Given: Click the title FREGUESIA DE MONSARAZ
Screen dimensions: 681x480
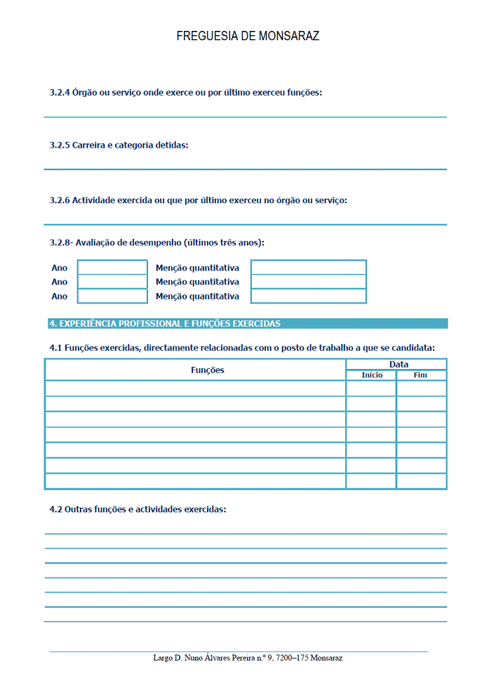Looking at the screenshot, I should point(248,36).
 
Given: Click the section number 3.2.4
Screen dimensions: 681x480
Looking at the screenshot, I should point(60,93).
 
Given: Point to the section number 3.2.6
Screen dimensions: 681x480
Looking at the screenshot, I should point(60,200).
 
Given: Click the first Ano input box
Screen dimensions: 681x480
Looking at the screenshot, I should point(112,268).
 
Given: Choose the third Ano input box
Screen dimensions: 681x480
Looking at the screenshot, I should point(112,296).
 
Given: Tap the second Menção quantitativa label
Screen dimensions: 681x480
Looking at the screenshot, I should point(197,282).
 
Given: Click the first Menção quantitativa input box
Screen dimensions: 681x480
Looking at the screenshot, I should point(308,268).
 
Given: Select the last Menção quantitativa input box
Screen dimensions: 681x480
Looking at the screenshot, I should point(308,296).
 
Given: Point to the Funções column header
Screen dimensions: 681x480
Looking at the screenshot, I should point(208,370).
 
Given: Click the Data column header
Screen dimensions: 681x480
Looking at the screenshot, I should point(399,364).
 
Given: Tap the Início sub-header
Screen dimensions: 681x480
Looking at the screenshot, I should point(372,375).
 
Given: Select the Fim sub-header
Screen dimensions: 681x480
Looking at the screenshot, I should point(420,375).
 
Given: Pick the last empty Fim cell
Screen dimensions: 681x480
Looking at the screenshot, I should point(421,481).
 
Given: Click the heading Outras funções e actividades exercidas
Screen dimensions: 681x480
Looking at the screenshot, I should point(138,509).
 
